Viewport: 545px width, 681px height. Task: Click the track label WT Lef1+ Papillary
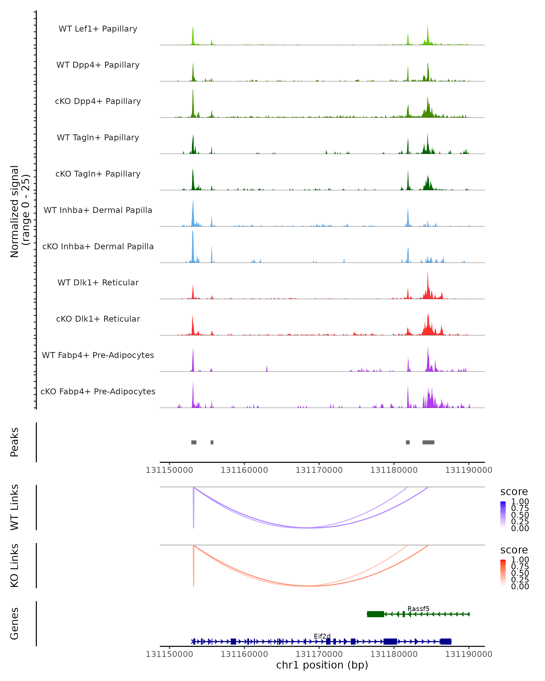click(x=98, y=29)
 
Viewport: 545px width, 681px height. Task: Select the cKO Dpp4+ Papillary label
click(x=98, y=101)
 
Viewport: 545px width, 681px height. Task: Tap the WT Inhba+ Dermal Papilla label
click(x=98, y=210)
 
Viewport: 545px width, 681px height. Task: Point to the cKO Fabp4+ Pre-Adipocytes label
click(x=98, y=392)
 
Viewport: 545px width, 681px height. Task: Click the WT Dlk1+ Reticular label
click(x=98, y=283)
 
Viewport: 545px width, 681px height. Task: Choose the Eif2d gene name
click(x=322, y=636)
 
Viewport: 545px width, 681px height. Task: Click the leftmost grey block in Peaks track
click(x=194, y=442)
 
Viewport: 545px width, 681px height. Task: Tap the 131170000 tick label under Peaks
click(x=319, y=470)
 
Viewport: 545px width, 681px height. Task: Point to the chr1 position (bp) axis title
click(x=322, y=665)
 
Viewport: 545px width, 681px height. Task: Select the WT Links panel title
click(x=15, y=507)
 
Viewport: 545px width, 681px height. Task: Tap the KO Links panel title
click(x=15, y=565)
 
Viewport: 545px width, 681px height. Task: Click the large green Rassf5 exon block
click(x=375, y=614)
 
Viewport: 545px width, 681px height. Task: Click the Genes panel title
click(x=15, y=624)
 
